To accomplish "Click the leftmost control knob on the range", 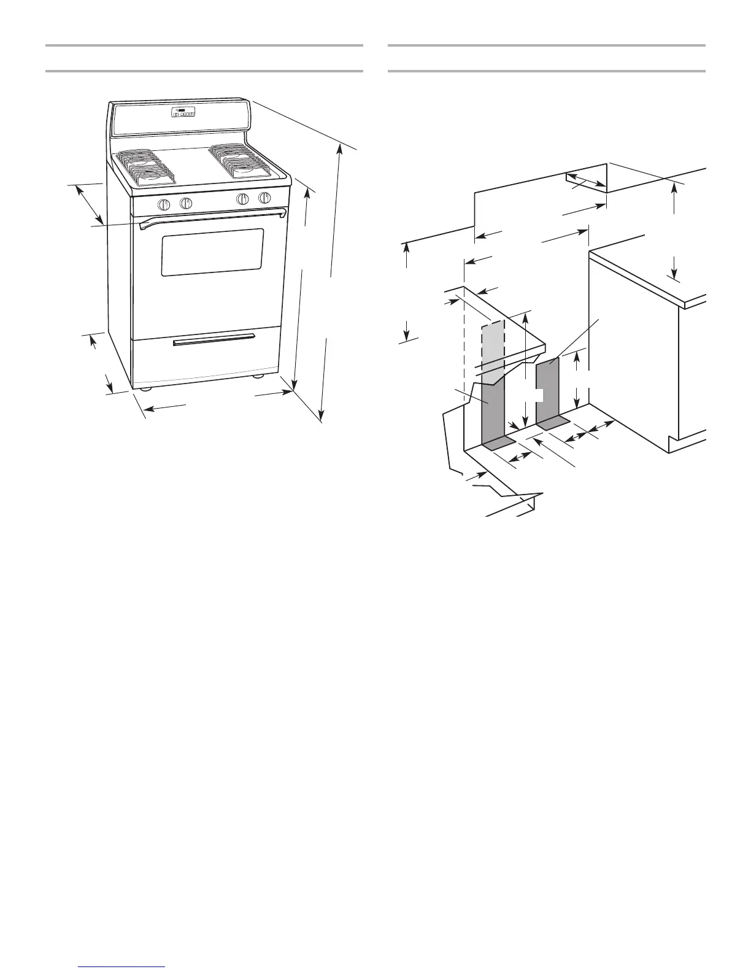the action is pos(163,205).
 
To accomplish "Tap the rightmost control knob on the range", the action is pos(264,198).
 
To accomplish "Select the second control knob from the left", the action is pos(186,203).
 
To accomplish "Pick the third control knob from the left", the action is pos(243,199).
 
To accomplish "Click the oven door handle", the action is pos(212,217).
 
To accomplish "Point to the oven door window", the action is pos(212,252).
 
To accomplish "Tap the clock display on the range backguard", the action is pos(183,114).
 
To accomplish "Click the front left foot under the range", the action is pos(145,388).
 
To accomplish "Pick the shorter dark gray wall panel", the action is pos(547,390).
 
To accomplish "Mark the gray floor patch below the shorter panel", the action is pos(553,422).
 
